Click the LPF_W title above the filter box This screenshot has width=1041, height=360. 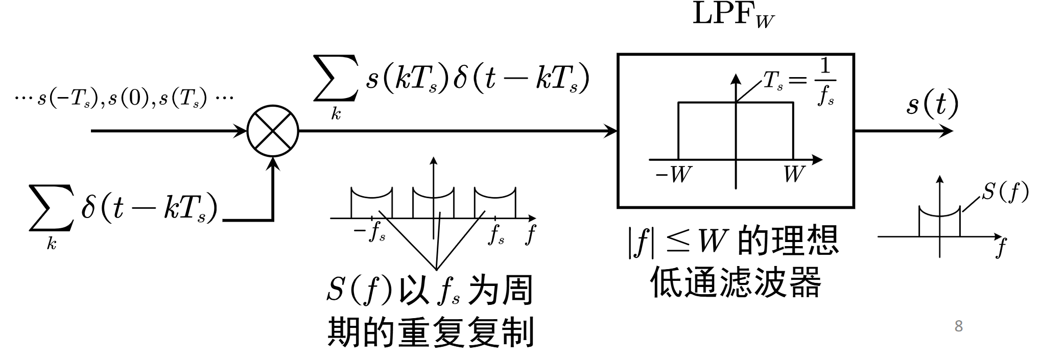click(732, 16)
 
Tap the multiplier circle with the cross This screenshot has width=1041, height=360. click(273, 131)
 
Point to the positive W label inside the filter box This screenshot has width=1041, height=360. click(793, 175)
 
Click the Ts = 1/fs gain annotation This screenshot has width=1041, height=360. click(799, 82)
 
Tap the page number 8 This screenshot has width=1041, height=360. click(959, 326)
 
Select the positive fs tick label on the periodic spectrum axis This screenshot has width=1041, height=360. click(496, 234)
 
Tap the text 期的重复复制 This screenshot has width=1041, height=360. click(430, 332)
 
